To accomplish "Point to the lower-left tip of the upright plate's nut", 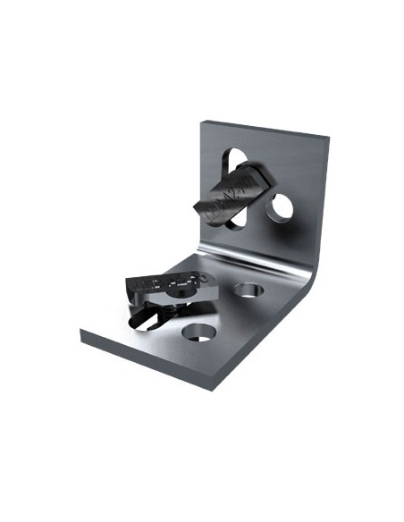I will point(198,208).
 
